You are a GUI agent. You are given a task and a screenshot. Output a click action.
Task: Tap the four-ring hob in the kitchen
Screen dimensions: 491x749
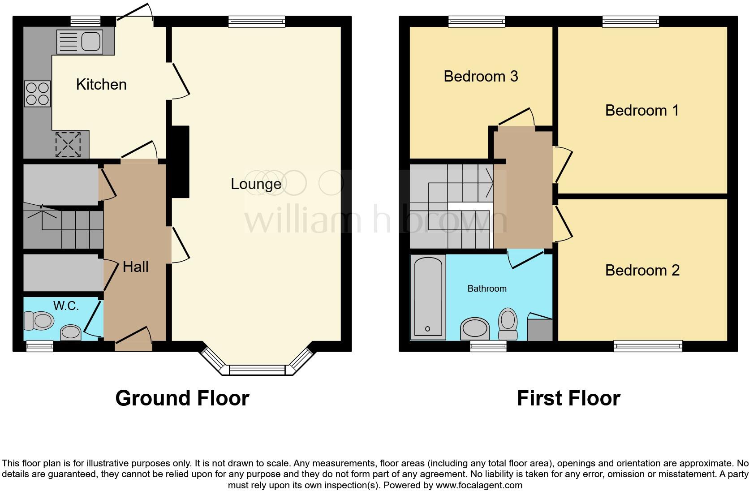pos(37,94)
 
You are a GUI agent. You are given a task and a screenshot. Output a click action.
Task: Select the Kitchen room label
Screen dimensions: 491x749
pos(101,84)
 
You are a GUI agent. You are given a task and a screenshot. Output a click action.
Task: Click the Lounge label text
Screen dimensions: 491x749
pos(256,184)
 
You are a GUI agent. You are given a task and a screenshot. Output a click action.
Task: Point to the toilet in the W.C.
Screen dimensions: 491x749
pos(39,321)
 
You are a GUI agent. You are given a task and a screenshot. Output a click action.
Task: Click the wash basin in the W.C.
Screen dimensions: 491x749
pos(71,332)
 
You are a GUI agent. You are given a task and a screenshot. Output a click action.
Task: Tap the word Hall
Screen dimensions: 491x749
pos(135,267)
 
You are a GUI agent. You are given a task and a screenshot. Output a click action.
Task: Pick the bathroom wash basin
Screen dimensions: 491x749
pos(475,329)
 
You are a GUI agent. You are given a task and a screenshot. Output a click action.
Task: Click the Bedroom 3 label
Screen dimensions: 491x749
pos(481,76)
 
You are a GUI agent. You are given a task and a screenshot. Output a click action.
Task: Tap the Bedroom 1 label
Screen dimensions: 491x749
pos(641,110)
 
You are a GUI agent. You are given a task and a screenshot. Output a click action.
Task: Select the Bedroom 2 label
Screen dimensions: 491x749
pos(642,270)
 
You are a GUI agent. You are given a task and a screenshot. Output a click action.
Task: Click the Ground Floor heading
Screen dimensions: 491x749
pos(182,398)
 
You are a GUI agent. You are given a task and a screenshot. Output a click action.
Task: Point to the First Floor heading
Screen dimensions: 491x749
pos(568,398)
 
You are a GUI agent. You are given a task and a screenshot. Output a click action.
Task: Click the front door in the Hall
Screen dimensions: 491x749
pos(133,336)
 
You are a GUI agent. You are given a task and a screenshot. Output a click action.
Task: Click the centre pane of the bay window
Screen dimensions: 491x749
pos(257,370)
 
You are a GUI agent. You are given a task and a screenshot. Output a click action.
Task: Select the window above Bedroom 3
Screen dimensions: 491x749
pos(477,21)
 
